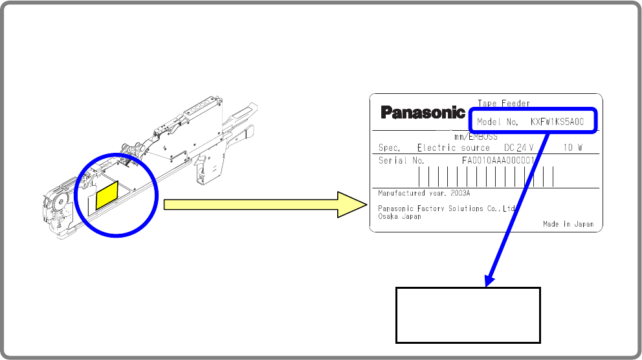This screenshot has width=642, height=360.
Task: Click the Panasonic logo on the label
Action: [423, 113]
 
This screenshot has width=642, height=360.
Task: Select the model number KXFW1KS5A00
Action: [557, 121]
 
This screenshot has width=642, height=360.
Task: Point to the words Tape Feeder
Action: [504, 103]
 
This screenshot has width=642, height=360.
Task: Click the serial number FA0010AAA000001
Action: [498, 161]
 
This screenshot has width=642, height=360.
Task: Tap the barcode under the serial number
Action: [485, 177]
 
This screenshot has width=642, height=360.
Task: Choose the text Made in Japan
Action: [568, 224]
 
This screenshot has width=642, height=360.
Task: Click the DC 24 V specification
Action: [518, 148]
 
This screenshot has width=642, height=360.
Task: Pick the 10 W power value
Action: [573, 148]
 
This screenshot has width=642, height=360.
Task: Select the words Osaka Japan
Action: [399, 216]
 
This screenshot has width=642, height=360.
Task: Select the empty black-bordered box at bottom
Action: [467, 315]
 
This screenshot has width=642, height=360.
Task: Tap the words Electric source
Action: [453, 148]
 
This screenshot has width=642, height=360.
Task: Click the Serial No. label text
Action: [401, 161]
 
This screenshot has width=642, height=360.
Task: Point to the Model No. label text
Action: [498, 121]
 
